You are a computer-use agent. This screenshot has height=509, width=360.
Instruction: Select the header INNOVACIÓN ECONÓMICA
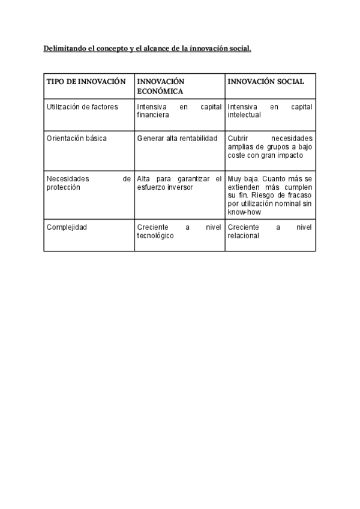[x=160, y=86]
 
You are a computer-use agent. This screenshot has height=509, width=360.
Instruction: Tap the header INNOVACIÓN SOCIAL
[x=266, y=82]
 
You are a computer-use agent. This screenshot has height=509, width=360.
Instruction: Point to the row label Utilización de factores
[x=82, y=107]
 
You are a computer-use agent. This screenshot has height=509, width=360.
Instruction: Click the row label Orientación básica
[x=76, y=138]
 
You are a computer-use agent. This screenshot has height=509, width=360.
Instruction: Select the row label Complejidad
[x=67, y=228]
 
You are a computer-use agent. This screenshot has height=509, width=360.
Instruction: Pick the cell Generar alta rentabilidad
[x=177, y=138]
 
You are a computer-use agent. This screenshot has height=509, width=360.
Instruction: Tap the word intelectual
[x=244, y=115]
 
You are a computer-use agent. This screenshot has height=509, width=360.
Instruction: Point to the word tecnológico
[x=155, y=236]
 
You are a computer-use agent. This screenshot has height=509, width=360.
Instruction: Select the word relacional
[x=243, y=236]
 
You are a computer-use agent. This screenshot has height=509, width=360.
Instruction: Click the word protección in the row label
[x=64, y=187]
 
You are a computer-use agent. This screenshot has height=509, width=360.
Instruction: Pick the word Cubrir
[x=238, y=138]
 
